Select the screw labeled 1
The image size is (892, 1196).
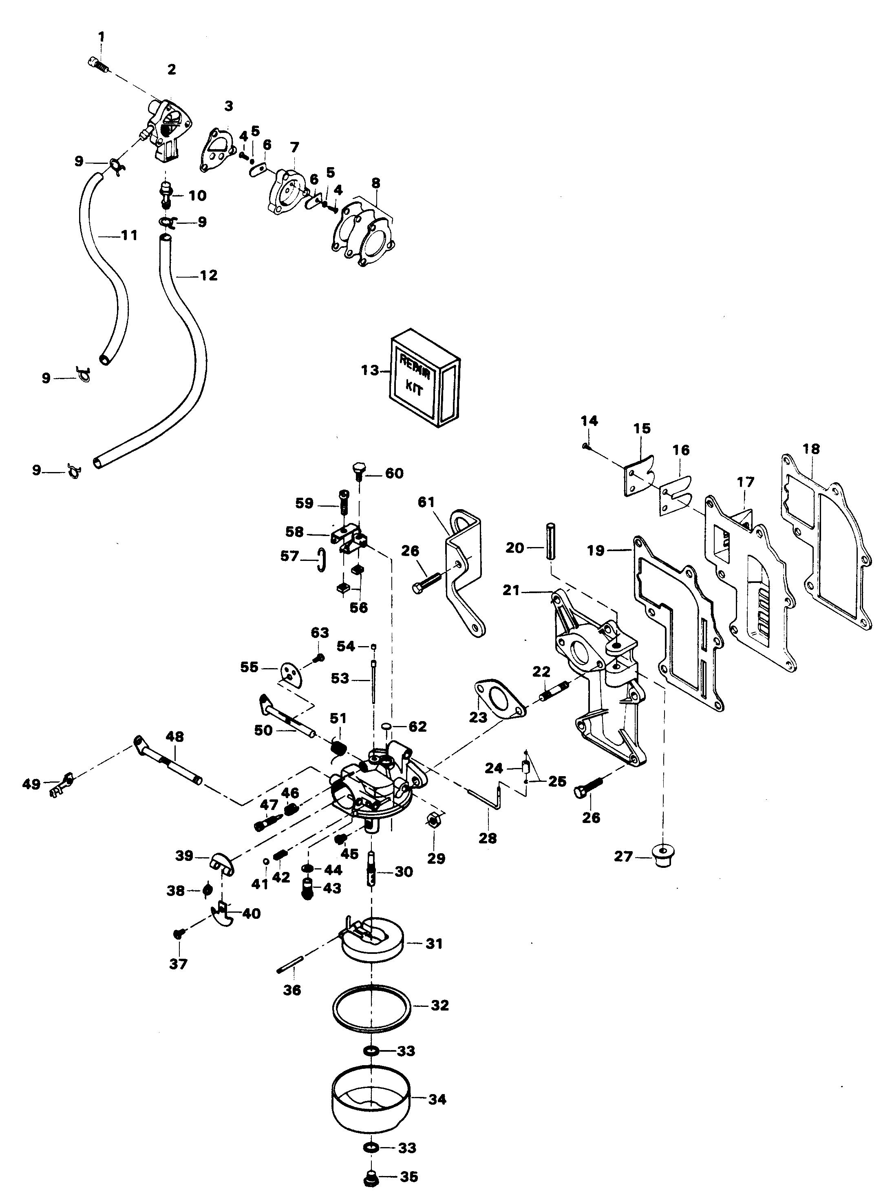coord(98,65)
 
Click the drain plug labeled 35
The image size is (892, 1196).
coord(371,1178)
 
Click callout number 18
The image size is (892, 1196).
coord(811,449)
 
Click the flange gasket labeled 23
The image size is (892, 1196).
coord(499,700)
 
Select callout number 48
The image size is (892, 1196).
coord(174,737)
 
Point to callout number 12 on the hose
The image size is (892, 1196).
coord(208,276)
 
